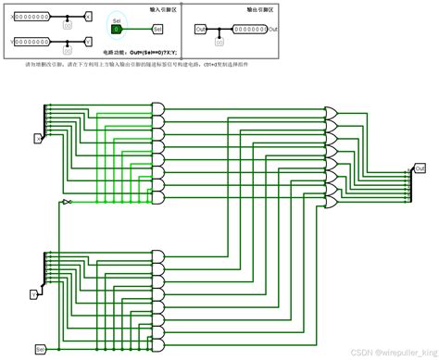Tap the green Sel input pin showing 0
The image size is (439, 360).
[x=117, y=29]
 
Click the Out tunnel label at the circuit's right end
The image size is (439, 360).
[x=420, y=168]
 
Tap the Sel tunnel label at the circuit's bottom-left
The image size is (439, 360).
[x=40, y=349]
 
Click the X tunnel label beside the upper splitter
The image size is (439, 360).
[x=39, y=138]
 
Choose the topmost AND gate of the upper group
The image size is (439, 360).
[x=158, y=108]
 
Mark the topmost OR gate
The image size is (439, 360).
[x=331, y=113]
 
